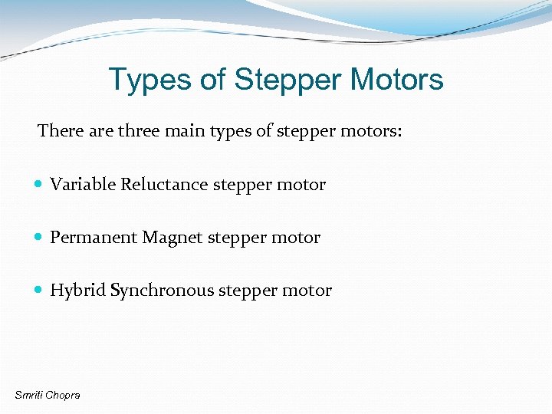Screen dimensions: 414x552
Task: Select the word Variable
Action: click(83, 185)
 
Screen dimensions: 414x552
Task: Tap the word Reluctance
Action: click(165, 185)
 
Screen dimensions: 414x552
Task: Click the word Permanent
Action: click(94, 238)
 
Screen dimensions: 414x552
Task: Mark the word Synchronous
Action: click(162, 291)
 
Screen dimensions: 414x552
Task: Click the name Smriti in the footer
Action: click(29, 395)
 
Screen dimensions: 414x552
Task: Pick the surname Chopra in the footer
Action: click(63, 395)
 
